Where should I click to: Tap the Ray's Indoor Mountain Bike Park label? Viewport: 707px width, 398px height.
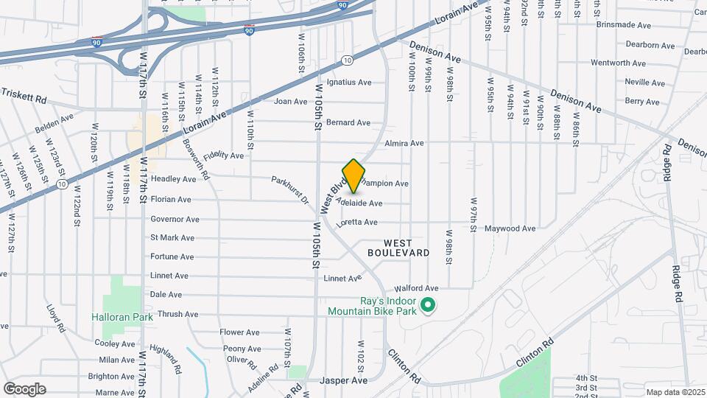(373, 306)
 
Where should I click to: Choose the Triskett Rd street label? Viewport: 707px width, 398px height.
(24, 96)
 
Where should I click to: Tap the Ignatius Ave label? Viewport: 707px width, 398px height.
(349, 83)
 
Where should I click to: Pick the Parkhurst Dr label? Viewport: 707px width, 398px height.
(290, 189)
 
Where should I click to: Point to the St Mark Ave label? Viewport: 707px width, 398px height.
(172, 238)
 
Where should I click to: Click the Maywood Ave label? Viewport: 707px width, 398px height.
(510, 228)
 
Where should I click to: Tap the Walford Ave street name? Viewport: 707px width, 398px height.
(416, 288)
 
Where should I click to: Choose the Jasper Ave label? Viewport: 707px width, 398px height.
(343, 381)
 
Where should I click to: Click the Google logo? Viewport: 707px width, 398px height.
(24, 388)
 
